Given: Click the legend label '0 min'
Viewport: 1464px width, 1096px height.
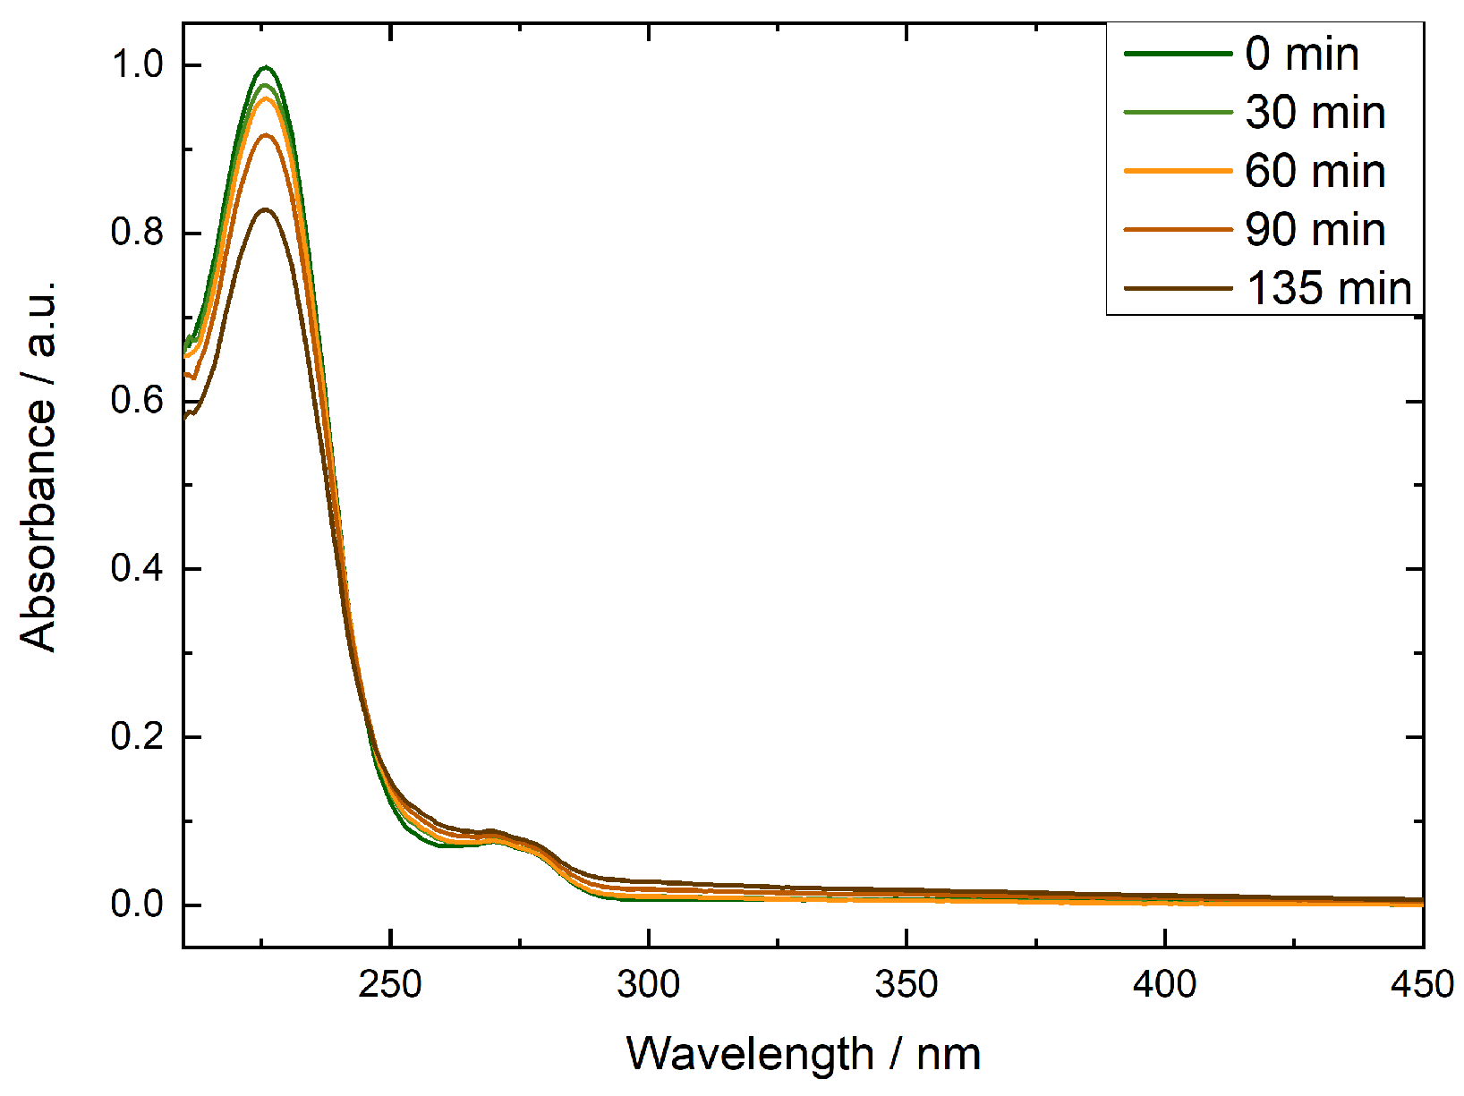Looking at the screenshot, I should tap(1301, 55).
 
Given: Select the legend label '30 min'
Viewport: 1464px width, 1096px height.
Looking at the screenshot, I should tap(1315, 113).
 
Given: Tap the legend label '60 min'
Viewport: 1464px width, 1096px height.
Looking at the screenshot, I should tap(1315, 171).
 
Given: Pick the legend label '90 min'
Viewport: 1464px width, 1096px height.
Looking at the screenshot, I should tap(1315, 230).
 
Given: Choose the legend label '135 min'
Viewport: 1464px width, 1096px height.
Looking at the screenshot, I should tap(1328, 288).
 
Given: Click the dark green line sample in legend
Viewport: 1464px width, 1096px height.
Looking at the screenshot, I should tap(1178, 55).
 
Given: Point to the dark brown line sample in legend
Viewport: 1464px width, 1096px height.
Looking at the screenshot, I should tap(1178, 288).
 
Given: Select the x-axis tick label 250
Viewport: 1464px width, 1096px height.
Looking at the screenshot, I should tap(390, 985).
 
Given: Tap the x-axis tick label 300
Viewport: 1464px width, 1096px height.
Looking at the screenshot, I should tap(648, 985).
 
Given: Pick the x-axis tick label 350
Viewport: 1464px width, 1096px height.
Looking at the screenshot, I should tap(906, 985).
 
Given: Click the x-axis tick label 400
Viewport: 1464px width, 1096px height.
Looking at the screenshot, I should tap(1164, 985).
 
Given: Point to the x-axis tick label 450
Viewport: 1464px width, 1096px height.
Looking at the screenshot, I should tap(1421, 985).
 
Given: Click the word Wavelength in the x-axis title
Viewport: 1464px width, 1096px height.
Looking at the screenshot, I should tap(749, 1054).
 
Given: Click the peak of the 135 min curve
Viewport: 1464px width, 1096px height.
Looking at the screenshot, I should tap(266, 209).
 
